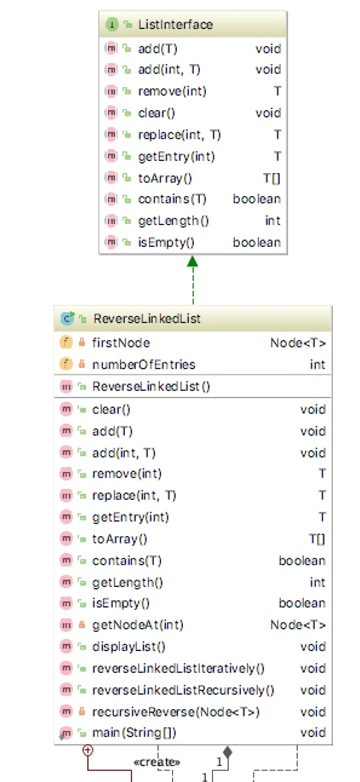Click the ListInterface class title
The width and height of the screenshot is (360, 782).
175,24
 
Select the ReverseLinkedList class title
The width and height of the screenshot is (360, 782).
146,319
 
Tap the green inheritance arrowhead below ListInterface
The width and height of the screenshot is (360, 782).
192,262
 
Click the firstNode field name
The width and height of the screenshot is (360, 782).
119,342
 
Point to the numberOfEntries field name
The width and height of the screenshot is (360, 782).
143,364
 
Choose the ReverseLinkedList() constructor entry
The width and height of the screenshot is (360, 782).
151,386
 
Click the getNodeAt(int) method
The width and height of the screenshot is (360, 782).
137,625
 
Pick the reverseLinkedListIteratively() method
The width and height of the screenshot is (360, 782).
178,668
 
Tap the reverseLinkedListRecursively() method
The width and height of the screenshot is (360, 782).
182,690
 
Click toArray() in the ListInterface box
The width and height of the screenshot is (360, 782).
162,178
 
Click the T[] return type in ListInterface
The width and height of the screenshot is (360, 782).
271,178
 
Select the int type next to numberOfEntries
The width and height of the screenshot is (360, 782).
317,364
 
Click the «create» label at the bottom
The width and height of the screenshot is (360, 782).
155,761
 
